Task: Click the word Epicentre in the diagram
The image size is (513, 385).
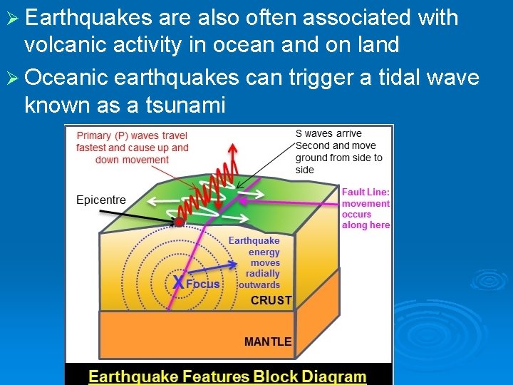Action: pyautogui.click(x=100, y=200)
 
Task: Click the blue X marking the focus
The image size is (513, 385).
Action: pyautogui.click(x=177, y=283)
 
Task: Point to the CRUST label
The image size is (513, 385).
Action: pyautogui.click(x=271, y=301)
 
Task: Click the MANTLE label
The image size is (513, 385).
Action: pyautogui.click(x=267, y=342)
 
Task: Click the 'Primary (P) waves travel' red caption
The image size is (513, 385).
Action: pyautogui.click(x=132, y=136)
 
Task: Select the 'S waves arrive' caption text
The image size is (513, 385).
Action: pyautogui.click(x=328, y=133)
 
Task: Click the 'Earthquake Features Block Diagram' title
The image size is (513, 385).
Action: pyautogui.click(x=227, y=376)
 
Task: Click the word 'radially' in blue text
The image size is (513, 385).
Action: pyautogui.click(x=263, y=274)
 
